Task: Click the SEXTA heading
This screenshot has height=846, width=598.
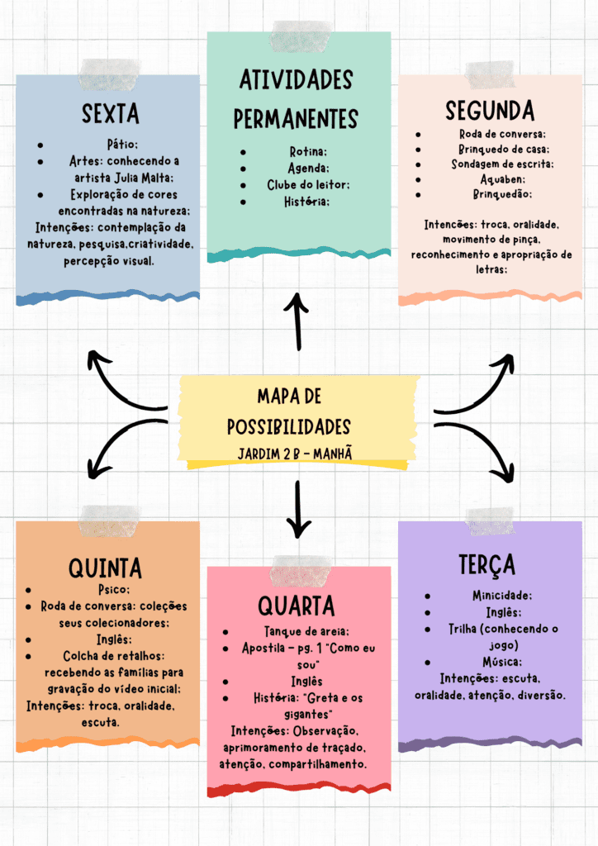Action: coord(111,114)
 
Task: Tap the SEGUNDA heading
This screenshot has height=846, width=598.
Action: coord(490,111)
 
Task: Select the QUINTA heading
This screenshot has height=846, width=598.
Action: coord(105,568)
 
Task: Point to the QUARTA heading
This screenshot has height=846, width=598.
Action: coord(296,606)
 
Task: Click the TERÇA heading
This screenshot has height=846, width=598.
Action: coord(487,565)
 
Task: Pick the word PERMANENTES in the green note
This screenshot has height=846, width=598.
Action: coord(296,119)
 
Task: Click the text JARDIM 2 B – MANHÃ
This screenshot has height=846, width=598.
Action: coord(295,454)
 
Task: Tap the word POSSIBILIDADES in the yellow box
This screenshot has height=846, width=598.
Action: coord(289,427)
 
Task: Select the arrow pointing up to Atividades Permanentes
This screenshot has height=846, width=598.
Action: coord(297,321)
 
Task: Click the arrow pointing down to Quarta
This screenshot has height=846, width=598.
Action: coord(297,509)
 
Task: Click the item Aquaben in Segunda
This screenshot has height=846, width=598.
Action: coord(502,179)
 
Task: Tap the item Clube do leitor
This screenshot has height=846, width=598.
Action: coord(308,184)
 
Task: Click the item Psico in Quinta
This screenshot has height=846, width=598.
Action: coord(114,589)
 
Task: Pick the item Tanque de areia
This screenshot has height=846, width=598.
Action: coord(306,631)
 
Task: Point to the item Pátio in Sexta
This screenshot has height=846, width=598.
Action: coord(122,144)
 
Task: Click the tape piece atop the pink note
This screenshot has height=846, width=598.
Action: coord(301,571)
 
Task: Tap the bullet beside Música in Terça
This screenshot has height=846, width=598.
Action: coord(428,662)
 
